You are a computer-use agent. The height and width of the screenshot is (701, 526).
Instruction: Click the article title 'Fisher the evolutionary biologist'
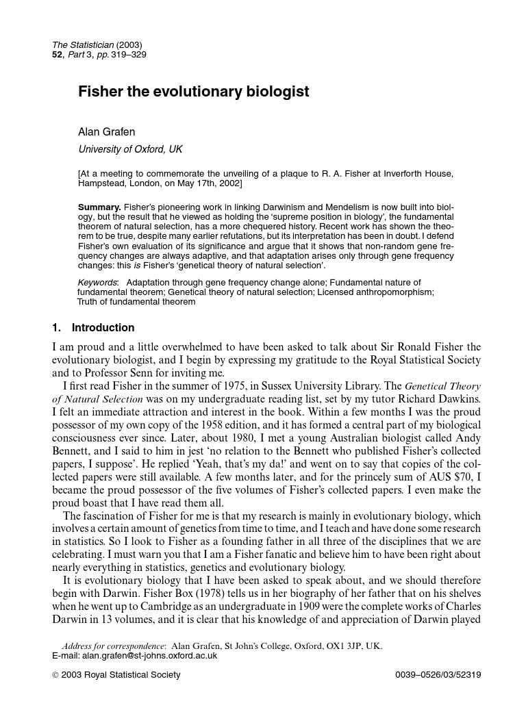(x=193, y=92)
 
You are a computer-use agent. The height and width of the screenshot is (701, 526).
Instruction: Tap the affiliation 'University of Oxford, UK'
(x=130, y=149)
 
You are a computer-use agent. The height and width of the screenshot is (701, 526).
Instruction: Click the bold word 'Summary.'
(x=99, y=207)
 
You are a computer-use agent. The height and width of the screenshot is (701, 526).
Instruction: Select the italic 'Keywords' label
(x=97, y=282)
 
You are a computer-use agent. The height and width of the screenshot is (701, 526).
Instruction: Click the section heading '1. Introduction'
(x=93, y=327)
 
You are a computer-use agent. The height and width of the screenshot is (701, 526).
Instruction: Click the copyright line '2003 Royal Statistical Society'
(x=121, y=675)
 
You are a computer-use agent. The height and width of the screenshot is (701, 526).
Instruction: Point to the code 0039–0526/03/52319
(x=438, y=675)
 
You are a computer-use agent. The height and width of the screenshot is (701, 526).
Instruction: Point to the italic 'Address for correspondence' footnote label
(x=113, y=646)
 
